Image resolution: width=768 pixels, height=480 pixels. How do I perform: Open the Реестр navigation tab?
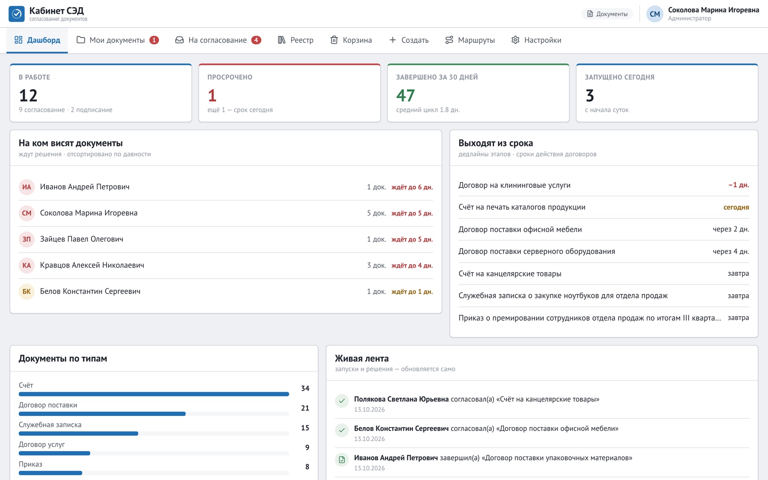[x=295, y=40]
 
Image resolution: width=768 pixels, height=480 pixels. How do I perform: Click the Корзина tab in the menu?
[x=351, y=40]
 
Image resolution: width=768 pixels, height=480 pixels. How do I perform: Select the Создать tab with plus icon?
[x=409, y=40]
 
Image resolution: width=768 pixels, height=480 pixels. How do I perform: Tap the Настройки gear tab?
[x=536, y=40]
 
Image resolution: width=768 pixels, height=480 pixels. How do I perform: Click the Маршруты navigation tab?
[x=470, y=40]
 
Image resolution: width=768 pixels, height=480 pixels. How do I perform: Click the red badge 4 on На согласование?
[x=256, y=40]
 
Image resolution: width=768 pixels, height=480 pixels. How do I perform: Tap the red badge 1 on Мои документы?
[x=154, y=40]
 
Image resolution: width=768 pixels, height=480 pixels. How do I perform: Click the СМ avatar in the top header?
[x=655, y=14]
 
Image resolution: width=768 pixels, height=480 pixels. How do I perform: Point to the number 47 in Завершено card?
[x=405, y=96]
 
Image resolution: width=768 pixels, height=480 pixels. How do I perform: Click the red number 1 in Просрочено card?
[x=212, y=96]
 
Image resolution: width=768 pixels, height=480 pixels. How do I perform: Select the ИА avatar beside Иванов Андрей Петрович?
[x=26, y=187]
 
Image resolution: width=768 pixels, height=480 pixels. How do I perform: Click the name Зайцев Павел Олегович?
[x=81, y=239]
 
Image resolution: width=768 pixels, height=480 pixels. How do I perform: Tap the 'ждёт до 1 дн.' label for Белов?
[x=412, y=291]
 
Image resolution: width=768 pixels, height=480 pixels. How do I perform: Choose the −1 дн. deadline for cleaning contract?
[x=739, y=185]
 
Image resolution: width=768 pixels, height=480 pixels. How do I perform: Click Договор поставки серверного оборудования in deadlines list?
[x=537, y=251]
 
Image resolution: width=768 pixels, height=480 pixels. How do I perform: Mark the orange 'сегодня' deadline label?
[x=736, y=207]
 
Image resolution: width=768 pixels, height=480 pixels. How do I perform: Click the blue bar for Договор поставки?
[x=102, y=414]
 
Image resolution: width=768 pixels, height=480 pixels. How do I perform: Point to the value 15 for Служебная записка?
[x=305, y=428]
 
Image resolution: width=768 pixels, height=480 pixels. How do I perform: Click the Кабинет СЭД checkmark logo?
[x=17, y=14]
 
